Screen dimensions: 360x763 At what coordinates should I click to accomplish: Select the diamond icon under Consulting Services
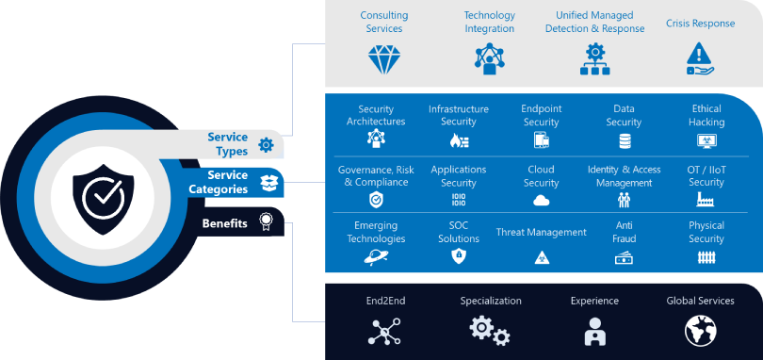[x=383, y=58]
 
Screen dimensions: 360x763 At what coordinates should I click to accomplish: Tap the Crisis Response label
[x=700, y=24]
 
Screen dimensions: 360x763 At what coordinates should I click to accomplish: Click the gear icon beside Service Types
[x=267, y=145]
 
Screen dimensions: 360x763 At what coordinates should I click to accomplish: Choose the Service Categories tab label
[x=227, y=182]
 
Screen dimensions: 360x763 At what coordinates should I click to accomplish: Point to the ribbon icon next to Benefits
[x=267, y=224]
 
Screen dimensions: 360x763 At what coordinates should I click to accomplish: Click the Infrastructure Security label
[x=459, y=115]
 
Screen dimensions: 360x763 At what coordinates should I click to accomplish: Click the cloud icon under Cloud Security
[x=541, y=200]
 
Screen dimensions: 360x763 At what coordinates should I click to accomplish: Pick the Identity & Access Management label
[x=624, y=176]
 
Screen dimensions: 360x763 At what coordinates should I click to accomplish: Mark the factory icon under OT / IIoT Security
[x=706, y=200]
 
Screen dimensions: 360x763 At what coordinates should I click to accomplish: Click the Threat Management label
[x=541, y=232]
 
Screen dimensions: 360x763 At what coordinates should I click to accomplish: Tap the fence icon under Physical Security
[x=706, y=256]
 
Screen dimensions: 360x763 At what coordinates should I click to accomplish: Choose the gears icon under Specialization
[x=490, y=330]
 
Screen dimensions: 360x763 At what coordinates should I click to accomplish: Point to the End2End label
[x=384, y=302]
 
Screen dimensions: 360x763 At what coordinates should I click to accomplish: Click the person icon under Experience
[x=594, y=331]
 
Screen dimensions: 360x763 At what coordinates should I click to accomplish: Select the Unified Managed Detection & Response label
[x=594, y=22]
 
